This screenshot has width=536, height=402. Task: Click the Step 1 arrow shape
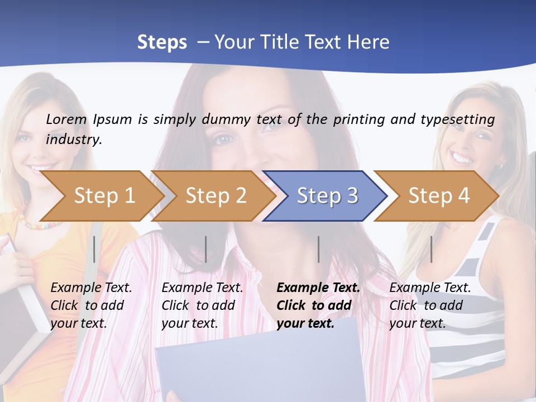(x=104, y=195)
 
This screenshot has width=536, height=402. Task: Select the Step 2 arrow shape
(x=216, y=195)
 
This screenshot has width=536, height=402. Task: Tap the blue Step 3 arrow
(x=327, y=195)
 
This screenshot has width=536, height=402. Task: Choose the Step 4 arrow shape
(x=439, y=195)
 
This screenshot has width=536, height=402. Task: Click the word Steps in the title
(x=162, y=42)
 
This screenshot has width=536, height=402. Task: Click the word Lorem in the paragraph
(x=66, y=119)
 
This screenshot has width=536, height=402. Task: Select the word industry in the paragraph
(x=74, y=139)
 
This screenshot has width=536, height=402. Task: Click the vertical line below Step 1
(x=94, y=249)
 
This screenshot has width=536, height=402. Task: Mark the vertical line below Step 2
(x=206, y=249)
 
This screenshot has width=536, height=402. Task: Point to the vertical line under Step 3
(x=319, y=249)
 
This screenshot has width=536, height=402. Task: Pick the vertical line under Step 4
(x=431, y=249)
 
